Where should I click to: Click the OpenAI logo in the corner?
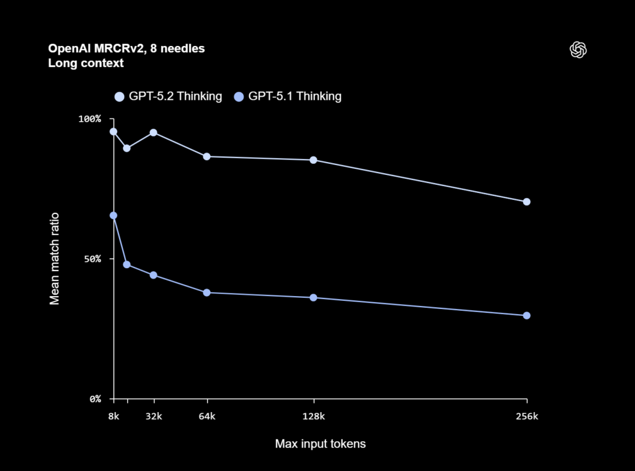pyautogui.click(x=578, y=50)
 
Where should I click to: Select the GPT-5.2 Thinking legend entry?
pyautogui.click(x=169, y=96)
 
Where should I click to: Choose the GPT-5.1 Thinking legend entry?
pyautogui.click(x=288, y=96)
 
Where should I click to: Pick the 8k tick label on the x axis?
pyautogui.click(x=113, y=416)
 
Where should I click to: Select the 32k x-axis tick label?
pyautogui.click(x=153, y=416)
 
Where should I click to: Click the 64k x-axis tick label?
pyautogui.click(x=207, y=416)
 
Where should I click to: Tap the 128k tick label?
pyautogui.click(x=314, y=416)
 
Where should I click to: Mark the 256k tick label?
pyautogui.click(x=526, y=416)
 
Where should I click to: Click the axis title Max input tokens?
pyautogui.click(x=320, y=444)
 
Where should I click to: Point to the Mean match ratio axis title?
pyautogui.click(x=55, y=258)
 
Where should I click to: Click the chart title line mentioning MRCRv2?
pyautogui.click(x=127, y=48)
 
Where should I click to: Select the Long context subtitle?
pyautogui.click(x=86, y=63)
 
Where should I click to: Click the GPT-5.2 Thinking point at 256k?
pyautogui.click(x=526, y=202)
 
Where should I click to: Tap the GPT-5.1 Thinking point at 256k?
pyautogui.click(x=526, y=315)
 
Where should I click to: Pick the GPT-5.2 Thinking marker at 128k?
pyautogui.click(x=314, y=160)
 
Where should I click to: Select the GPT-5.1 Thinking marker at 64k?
pyautogui.click(x=207, y=292)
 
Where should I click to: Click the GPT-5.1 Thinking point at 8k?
pyautogui.click(x=113, y=215)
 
